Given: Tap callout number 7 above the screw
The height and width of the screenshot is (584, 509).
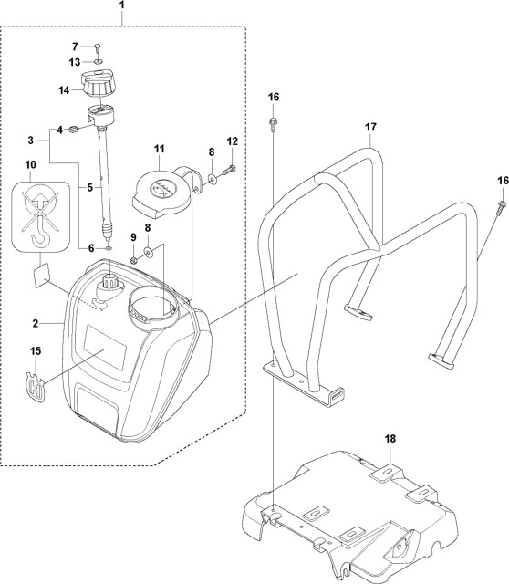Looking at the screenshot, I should [x=76, y=46].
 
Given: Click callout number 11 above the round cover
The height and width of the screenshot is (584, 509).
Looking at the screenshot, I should [x=159, y=149].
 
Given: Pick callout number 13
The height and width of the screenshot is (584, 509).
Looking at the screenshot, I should [x=76, y=62].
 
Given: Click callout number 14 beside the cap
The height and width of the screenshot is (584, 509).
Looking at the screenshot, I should [x=64, y=90].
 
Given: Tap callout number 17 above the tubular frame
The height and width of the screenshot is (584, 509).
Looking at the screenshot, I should [x=371, y=128].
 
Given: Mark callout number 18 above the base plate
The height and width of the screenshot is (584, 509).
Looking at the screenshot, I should [x=390, y=440].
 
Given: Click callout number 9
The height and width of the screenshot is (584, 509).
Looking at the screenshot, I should [x=133, y=238].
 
